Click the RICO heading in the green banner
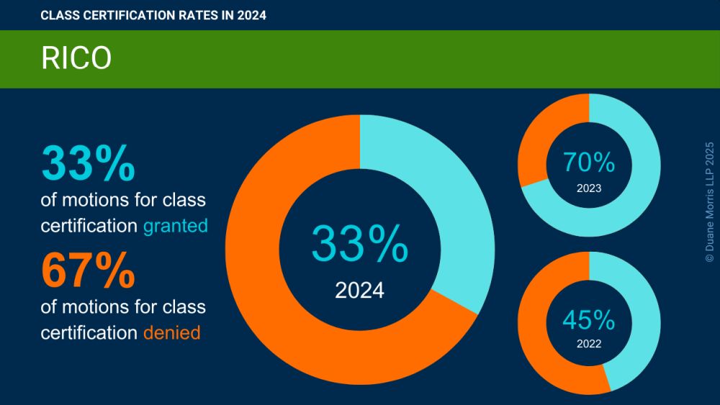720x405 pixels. tap(76, 59)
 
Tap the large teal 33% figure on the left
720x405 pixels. tap(89, 163)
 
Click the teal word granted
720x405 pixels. tap(176, 226)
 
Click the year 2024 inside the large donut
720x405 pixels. tap(359, 291)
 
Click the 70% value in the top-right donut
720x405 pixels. tap(589, 163)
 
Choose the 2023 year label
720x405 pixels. tap(589, 189)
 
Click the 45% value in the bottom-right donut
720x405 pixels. tap(589, 319)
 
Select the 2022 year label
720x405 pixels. tap(589, 344)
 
